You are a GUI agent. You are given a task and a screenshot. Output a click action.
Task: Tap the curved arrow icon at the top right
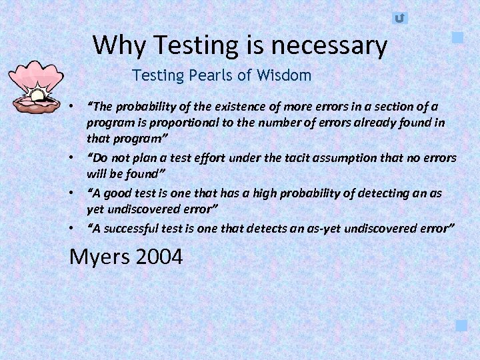point(399,18)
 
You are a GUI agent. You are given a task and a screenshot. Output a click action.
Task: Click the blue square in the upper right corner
point(457,37)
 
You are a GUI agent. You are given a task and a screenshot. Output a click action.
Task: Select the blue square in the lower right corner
point(461,325)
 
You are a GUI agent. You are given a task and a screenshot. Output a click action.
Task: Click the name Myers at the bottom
point(100,257)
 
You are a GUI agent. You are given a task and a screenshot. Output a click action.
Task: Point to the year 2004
point(158,257)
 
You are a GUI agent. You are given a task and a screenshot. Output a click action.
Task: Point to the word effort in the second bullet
point(208,158)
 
